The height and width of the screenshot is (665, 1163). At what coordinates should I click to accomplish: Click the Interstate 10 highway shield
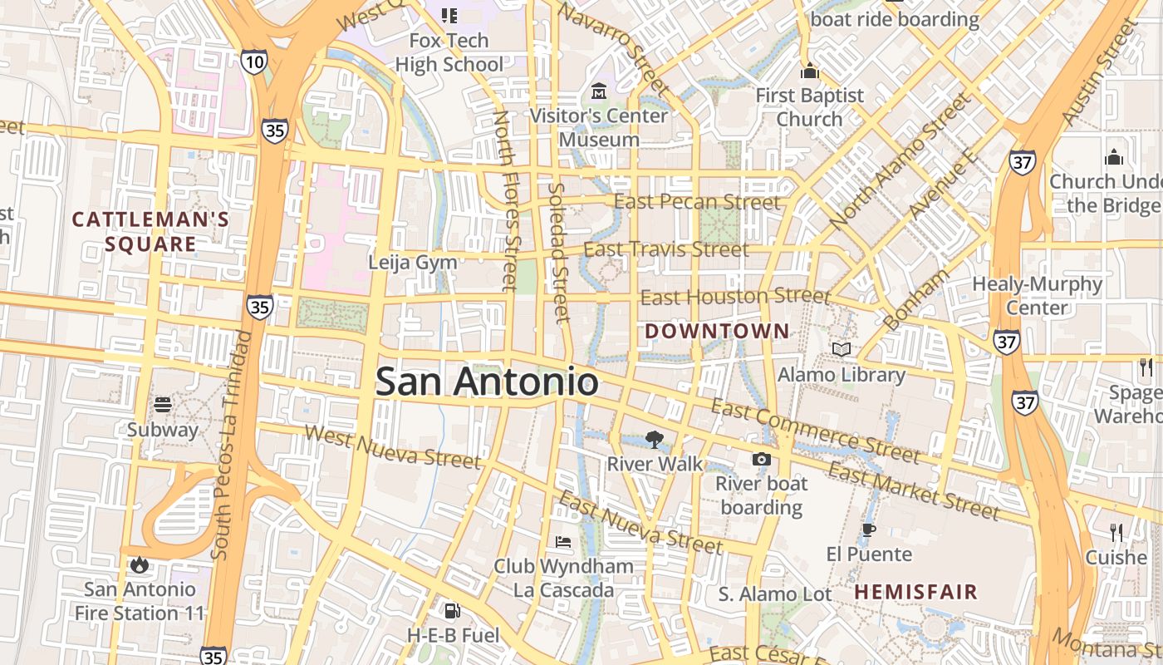click(x=254, y=61)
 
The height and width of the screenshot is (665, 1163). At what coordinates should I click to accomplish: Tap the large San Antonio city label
click(x=487, y=382)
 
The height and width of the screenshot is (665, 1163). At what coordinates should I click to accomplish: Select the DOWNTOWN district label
click(x=717, y=331)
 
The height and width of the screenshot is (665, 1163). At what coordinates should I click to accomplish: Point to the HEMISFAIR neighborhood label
click(x=916, y=592)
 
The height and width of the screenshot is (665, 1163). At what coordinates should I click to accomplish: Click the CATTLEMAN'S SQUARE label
click(x=150, y=232)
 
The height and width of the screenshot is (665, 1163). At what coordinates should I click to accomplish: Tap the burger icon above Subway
click(x=163, y=405)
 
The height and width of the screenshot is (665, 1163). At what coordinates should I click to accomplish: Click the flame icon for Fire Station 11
click(x=139, y=565)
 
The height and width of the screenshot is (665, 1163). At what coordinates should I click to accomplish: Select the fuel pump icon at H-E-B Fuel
click(x=452, y=611)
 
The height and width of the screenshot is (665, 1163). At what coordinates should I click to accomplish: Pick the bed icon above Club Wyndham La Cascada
click(x=563, y=543)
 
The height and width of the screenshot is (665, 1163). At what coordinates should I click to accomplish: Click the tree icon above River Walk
click(x=655, y=440)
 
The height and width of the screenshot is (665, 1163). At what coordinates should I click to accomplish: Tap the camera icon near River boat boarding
click(x=761, y=459)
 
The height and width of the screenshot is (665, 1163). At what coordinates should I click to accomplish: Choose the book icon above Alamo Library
click(x=842, y=350)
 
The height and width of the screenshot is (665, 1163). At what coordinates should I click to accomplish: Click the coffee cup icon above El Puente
click(x=869, y=530)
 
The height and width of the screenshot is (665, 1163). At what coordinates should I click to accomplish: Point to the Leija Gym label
click(x=413, y=263)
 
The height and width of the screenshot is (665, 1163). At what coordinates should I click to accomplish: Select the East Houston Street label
click(x=735, y=297)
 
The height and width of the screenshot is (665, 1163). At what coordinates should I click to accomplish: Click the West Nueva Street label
click(x=392, y=446)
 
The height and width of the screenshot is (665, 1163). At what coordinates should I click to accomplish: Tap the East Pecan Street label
click(x=697, y=202)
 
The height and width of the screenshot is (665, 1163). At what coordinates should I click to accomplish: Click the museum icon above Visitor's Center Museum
click(x=598, y=90)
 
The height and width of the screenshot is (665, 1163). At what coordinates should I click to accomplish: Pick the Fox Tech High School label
click(x=449, y=52)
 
